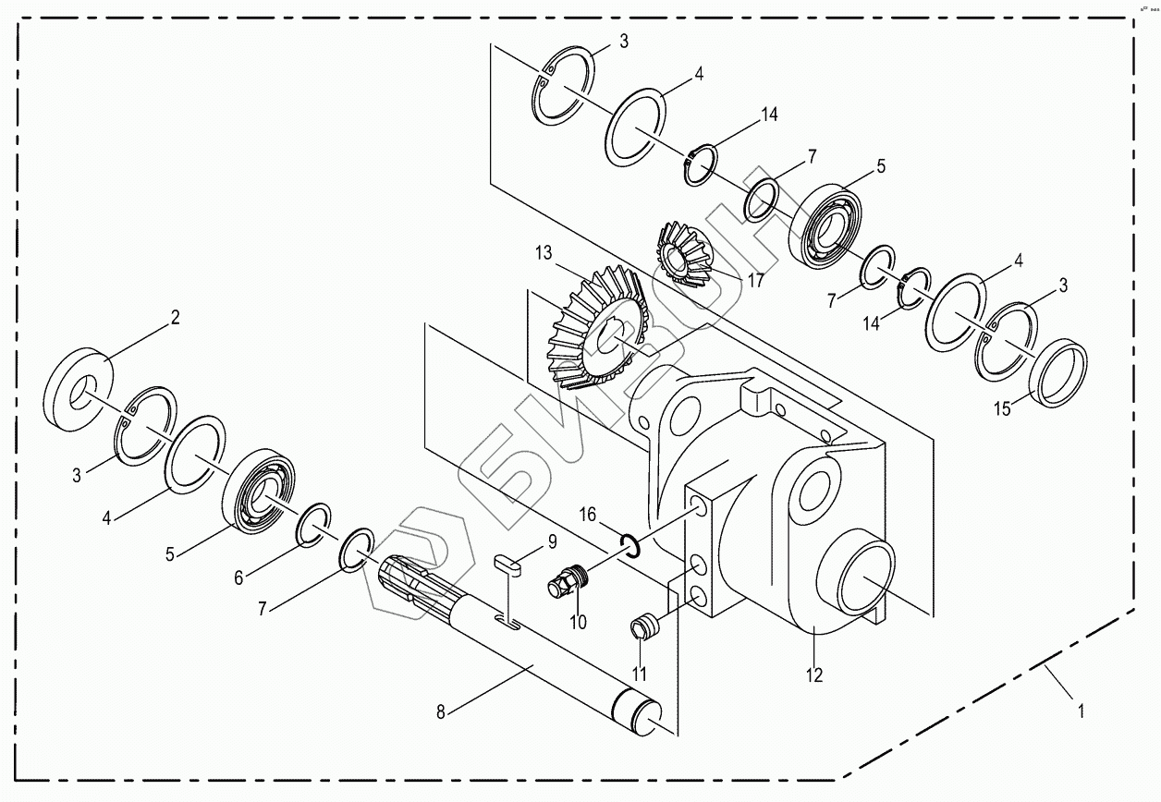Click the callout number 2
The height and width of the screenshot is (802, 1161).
coord(175,319)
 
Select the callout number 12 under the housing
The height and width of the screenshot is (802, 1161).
coord(813,674)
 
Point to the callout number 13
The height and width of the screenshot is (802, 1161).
coord(543,253)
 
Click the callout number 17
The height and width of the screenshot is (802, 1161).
coord(756,281)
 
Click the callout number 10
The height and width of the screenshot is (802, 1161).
coord(578,622)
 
